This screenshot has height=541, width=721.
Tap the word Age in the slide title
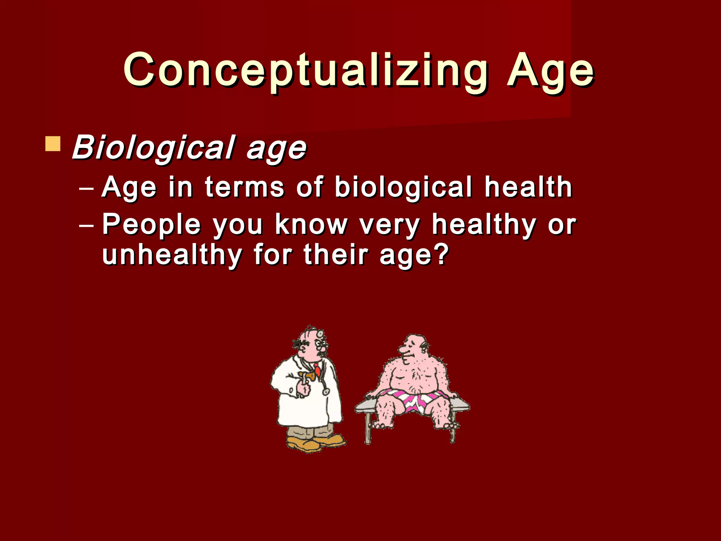pos(550,70)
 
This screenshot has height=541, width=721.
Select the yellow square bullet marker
pos(53,144)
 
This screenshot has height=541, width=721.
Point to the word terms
pos(244,187)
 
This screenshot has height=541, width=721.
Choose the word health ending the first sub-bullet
pos(528,187)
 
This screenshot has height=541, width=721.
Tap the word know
pos(311,225)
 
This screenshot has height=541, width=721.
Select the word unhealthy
pos(172,255)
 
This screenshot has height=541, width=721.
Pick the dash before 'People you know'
pos(87,226)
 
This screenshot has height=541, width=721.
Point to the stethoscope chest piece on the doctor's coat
pos(326,392)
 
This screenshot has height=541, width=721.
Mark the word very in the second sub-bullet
pos(389,225)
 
